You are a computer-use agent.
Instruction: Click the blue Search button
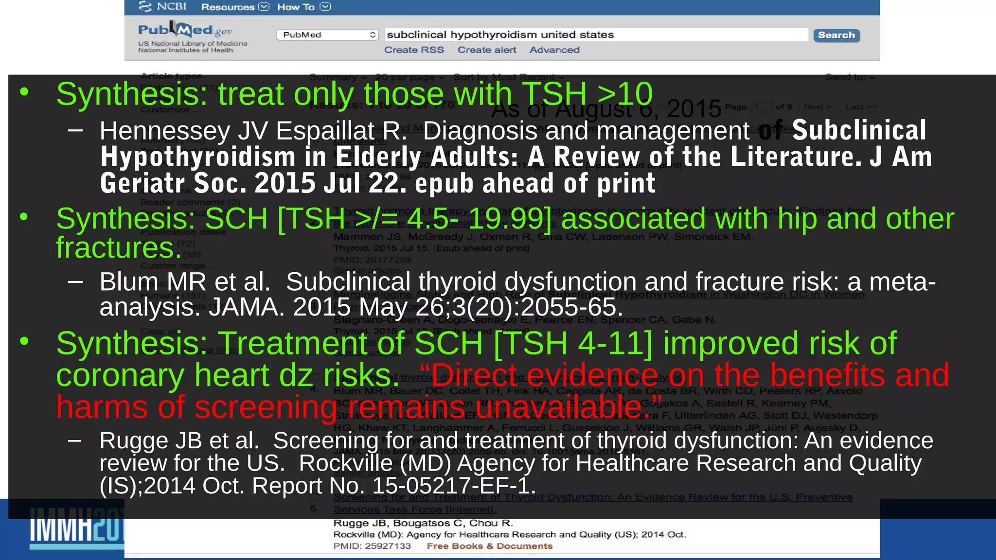coord(836,35)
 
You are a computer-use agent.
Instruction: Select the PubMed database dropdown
coord(327,35)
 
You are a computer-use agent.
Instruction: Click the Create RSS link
coord(414,50)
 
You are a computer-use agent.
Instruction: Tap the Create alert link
coord(486,50)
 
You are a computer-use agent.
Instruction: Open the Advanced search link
coord(554,50)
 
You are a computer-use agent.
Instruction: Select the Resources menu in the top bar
coord(234,7)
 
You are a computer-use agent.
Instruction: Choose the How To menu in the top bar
coord(303,7)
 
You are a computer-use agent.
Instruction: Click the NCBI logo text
coord(163,6)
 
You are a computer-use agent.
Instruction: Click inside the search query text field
coord(596,35)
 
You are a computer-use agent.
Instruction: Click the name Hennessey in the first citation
coord(165,131)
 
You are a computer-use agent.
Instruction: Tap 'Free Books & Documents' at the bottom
coord(489,546)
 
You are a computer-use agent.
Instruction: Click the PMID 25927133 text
coord(372,546)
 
